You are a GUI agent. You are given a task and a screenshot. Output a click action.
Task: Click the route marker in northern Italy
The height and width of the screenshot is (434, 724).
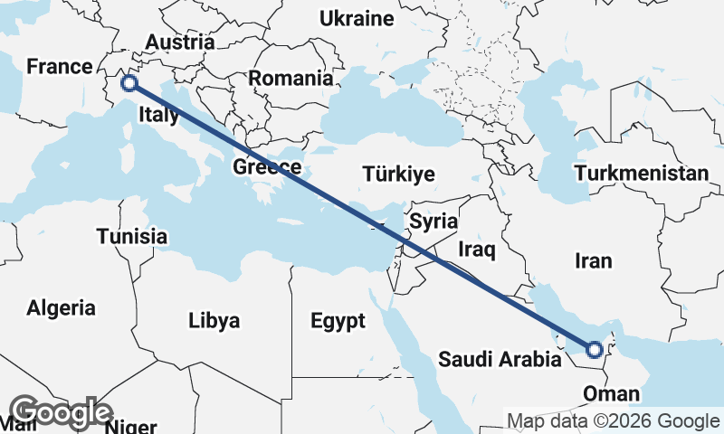pos(129,83)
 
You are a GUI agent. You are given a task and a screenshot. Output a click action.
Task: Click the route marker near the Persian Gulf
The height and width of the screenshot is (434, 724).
pos(595,350)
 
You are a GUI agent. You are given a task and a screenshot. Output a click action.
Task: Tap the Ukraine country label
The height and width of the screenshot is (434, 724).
pos(357,19)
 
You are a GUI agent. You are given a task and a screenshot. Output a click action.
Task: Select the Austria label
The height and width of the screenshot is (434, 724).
pos(179,42)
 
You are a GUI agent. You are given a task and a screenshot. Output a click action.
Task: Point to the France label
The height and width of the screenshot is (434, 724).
pos(60,66)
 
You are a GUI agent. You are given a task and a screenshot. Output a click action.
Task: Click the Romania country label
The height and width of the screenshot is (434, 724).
pos(291,79)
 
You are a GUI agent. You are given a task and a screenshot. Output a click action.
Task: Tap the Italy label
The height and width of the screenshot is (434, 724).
pos(158,115)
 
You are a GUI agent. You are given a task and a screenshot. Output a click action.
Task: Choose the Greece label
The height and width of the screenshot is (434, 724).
pos(267,167)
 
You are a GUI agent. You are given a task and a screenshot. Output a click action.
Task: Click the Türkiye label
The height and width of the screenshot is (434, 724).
pos(398,174)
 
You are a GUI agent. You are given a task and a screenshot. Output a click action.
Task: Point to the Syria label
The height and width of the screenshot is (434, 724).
pos(433,221)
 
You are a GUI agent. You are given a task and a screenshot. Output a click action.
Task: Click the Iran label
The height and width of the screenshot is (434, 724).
pos(593,261)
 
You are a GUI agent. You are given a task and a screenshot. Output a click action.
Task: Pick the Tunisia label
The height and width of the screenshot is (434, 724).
pos(131,237)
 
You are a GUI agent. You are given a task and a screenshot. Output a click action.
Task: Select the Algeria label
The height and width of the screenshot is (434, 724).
pos(61,307)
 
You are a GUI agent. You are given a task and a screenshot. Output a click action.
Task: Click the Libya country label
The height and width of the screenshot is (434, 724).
pos(214,320)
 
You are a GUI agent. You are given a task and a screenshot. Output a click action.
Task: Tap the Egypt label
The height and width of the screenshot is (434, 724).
pos(337,321)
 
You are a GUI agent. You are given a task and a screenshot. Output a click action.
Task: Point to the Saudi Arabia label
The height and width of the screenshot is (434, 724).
pos(499,360)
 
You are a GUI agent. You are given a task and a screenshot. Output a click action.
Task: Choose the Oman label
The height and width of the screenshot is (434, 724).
pos(612,394)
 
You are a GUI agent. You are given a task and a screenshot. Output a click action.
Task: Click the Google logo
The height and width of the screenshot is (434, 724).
pos(60,412)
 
